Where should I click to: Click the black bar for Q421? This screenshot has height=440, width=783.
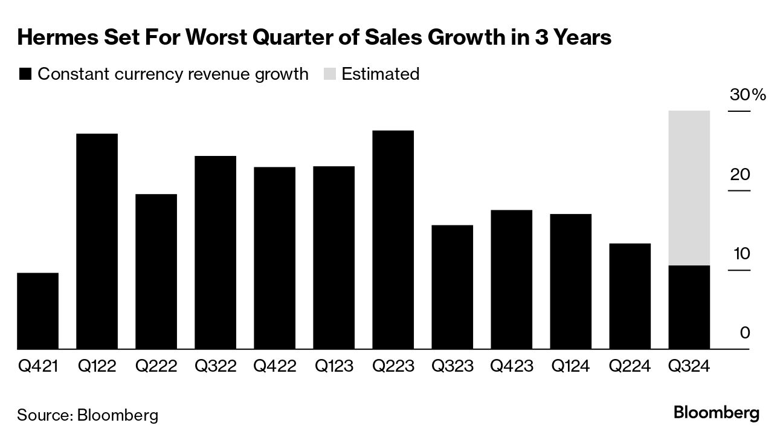pos(37,311)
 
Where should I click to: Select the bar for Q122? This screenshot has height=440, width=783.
pos(97,242)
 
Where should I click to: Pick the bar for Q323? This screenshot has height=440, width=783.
pos(452,287)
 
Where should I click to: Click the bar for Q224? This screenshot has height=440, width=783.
pos(630,296)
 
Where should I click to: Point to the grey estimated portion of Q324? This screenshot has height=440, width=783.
pos(689,188)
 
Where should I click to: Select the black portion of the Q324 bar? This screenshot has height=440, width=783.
pos(689,307)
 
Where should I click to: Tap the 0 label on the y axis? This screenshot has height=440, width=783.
pos(745,333)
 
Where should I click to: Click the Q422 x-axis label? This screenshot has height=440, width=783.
pos(274,366)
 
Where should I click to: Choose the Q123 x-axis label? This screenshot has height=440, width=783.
pos(333,366)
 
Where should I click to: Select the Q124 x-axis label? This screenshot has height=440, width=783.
pos(570,366)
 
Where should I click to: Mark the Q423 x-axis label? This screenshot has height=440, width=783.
pos(511,366)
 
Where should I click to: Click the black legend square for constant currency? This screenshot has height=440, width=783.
pos(25,74)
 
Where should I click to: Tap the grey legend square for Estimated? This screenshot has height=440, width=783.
pos(329,74)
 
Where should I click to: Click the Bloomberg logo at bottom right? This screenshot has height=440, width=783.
pos(716,414)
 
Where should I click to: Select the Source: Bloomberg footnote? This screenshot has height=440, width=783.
pos(88,415)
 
